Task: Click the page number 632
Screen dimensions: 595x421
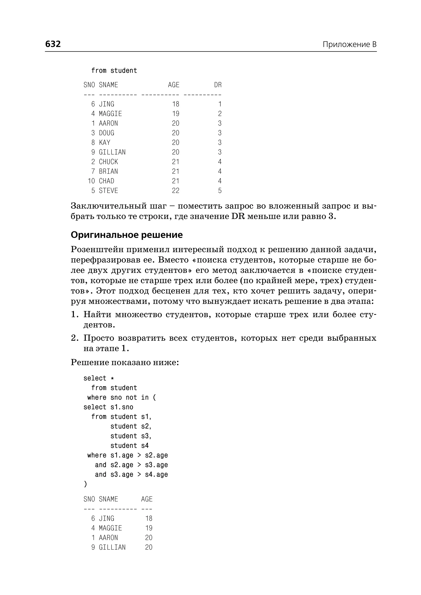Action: (x=53, y=44)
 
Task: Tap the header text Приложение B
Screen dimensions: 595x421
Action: (x=349, y=44)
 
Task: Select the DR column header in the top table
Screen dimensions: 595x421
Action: (x=218, y=85)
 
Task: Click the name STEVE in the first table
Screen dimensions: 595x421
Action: (x=108, y=191)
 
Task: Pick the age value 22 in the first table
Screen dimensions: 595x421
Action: (x=176, y=191)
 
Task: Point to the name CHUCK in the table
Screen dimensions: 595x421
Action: (x=108, y=162)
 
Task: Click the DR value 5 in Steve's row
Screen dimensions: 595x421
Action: (x=220, y=191)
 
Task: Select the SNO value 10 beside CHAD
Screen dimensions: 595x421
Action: (x=91, y=181)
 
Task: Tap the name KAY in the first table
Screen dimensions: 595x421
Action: (x=104, y=142)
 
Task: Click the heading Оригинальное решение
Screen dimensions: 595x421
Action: (x=126, y=235)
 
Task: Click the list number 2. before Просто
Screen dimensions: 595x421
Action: (x=75, y=338)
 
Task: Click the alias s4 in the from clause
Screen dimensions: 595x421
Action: (x=145, y=446)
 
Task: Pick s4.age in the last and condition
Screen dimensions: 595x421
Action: (x=156, y=474)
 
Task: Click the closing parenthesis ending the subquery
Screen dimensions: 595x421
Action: (x=85, y=484)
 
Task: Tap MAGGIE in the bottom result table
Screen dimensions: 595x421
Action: (x=110, y=528)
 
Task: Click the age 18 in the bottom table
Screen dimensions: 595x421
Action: (x=149, y=518)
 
